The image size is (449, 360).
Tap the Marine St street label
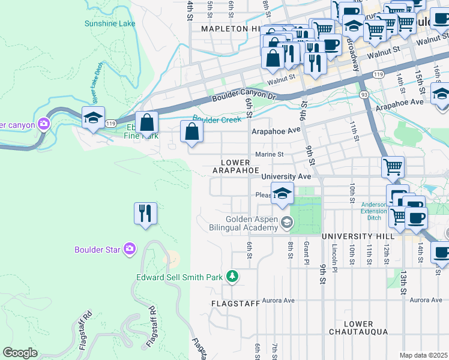coord(269,154)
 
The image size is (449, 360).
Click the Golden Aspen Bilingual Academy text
coord(252,224)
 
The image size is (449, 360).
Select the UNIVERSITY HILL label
coord(356,237)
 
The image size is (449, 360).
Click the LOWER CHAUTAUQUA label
coord(358,328)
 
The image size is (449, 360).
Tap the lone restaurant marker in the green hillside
coord(145,214)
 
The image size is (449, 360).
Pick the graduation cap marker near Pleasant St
coord(282,194)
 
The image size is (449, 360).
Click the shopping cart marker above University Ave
coord(393,167)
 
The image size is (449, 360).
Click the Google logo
coord(20,353)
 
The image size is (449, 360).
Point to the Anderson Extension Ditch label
coord(374,210)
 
